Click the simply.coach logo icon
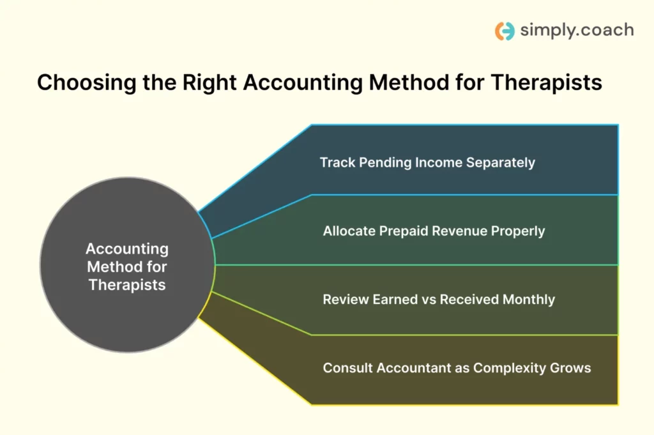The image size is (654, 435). pyautogui.click(x=505, y=31)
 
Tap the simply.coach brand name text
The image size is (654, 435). pyautogui.click(x=577, y=30)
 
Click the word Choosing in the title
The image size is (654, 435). pyautogui.click(x=87, y=82)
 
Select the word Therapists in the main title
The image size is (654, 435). pyautogui.click(x=547, y=82)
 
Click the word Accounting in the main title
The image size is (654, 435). pyautogui.click(x=303, y=82)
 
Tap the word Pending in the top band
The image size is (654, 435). pyautogui.click(x=385, y=163)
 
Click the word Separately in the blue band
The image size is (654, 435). pyautogui.click(x=501, y=162)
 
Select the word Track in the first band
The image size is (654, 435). pyautogui.click(x=337, y=162)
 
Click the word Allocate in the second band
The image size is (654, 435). pyautogui.click(x=349, y=231)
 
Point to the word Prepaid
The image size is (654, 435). pyautogui.click(x=404, y=231)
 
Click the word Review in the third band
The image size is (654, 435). pyautogui.click(x=346, y=300)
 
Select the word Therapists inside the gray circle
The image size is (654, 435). pyautogui.click(x=127, y=285)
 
